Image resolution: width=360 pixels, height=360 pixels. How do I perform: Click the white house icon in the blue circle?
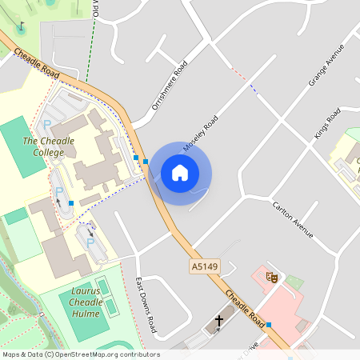(x=179, y=173)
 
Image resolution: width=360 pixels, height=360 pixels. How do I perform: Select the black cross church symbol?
(x=218, y=322)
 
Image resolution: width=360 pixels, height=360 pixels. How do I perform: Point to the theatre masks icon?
(x=273, y=278)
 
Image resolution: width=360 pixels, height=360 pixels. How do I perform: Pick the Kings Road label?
(x=327, y=122)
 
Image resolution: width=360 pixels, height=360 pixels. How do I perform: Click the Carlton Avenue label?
(x=291, y=218)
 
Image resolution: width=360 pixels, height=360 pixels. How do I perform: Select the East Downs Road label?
(x=146, y=305)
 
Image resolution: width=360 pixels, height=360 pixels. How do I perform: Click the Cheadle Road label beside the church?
(x=246, y=308)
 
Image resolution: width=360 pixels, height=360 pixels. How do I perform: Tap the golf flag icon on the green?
(x=21, y=26)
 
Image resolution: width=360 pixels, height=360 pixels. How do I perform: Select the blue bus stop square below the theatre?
(x=269, y=325)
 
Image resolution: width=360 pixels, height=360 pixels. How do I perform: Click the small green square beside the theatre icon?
(x=295, y=282)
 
